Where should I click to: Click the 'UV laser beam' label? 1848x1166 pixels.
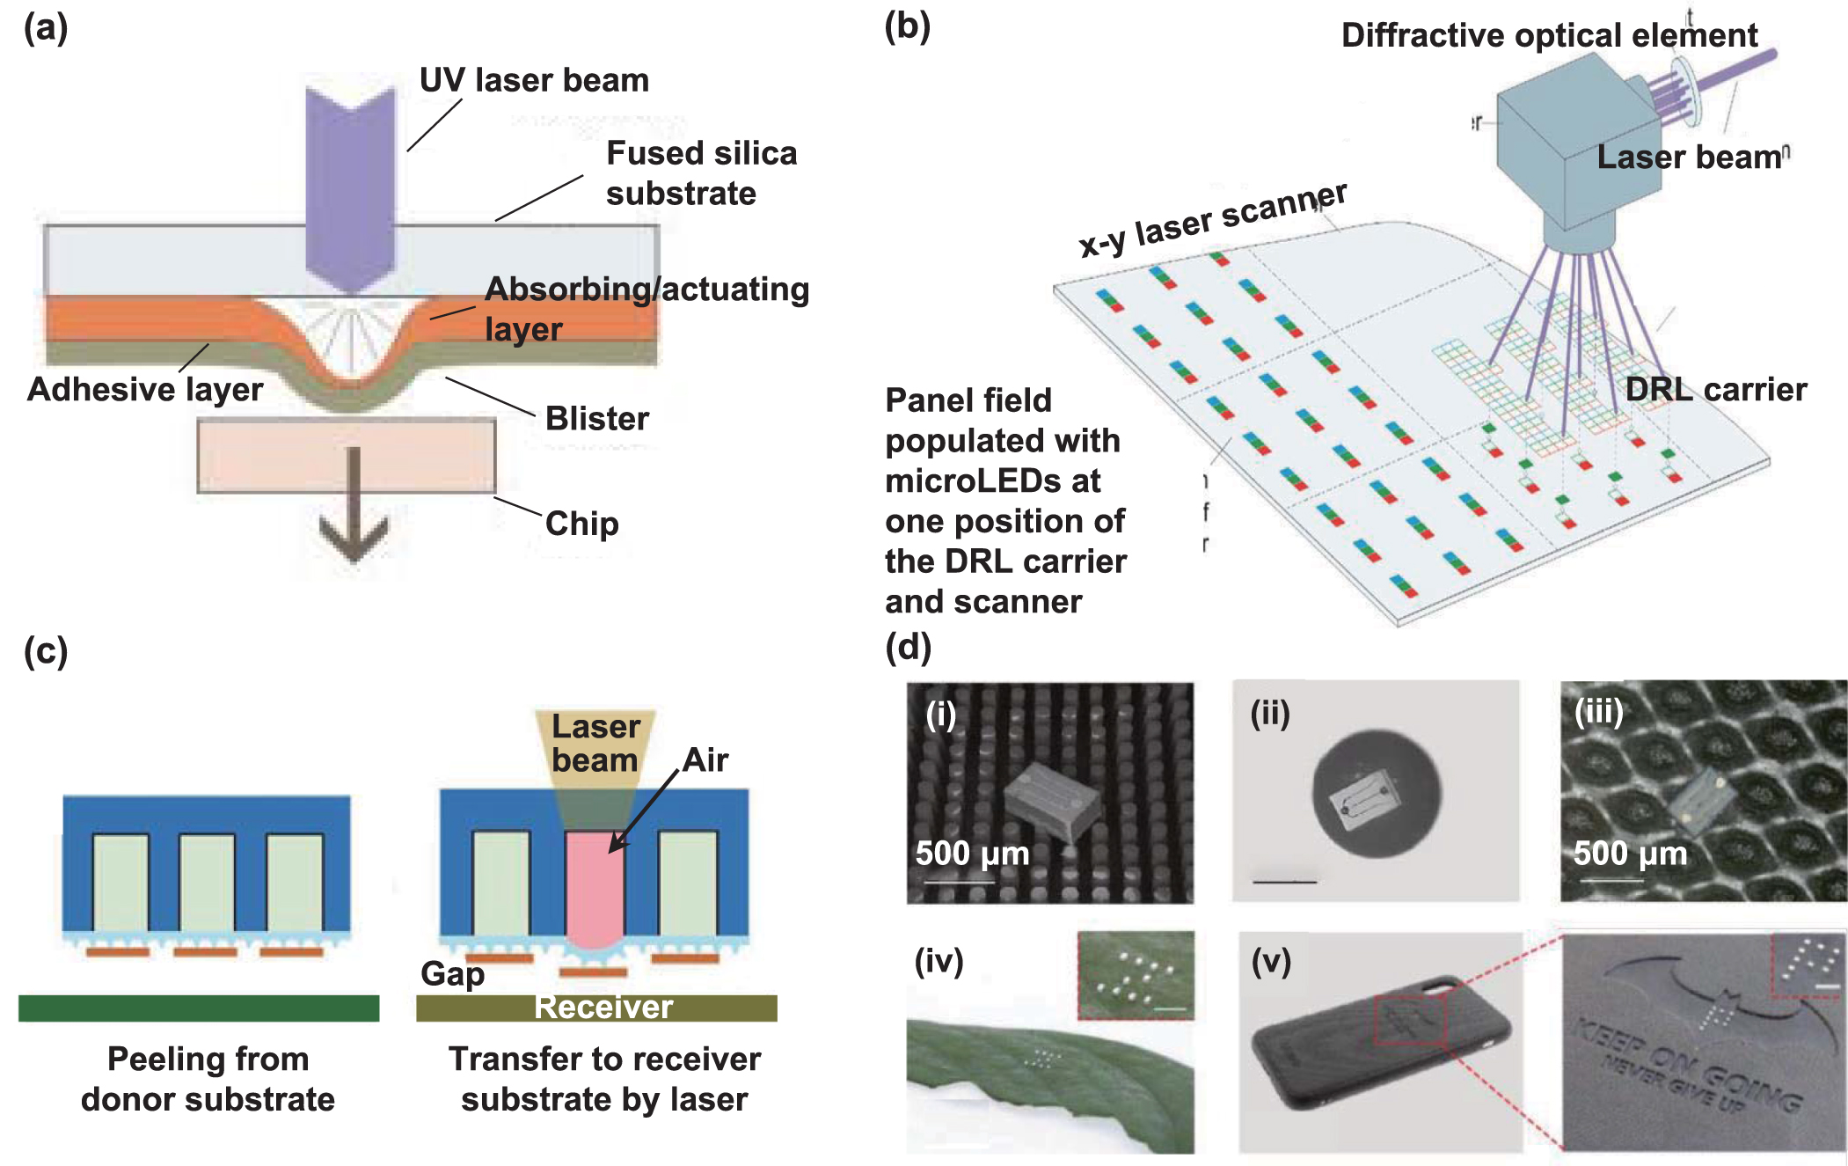(x=534, y=80)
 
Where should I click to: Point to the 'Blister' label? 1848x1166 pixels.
(x=596, y=418)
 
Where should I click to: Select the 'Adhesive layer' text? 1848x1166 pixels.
(x=145, y=389)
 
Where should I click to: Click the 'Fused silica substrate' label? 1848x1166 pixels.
(x=700, y=172)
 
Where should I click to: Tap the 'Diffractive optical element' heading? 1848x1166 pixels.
(x=1548, y=35)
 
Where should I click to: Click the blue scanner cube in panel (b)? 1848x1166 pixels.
(x=1574, y=150)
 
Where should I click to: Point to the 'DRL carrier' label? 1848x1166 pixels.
(x=1715, y=389)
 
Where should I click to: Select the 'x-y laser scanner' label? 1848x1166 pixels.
(x=1212, y=220)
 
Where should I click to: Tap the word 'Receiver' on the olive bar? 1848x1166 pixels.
(x=603, y=1007)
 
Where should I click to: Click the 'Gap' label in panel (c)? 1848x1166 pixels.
(x=452, y=973)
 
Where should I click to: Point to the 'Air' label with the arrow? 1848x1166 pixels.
(x=705, y=759)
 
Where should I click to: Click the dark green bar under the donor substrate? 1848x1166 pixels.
(x=199, y=1008)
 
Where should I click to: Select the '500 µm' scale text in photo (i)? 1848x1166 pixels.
(x=972, y=853)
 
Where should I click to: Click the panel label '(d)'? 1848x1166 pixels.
(x=908, y=648)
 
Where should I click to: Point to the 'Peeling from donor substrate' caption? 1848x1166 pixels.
(x=208, y=1079)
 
